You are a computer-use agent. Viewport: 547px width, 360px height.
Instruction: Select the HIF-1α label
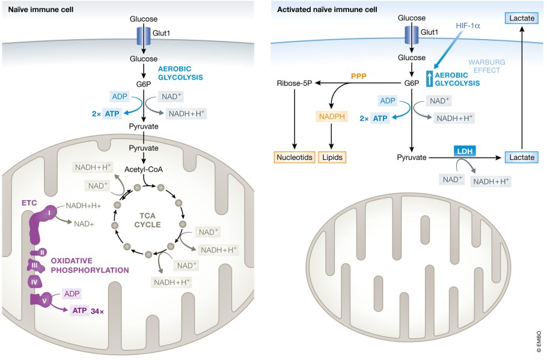tap(468, 27)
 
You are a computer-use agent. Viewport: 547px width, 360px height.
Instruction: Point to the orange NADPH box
tap(331, 117)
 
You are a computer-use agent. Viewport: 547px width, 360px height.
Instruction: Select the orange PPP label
tap(359, 77)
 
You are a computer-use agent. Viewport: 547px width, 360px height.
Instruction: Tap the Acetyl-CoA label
tap(144, 169)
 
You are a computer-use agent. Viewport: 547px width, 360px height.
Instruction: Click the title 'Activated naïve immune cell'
tap(319, 9)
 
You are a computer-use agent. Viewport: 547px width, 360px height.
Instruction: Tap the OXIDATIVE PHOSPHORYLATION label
tap(90, 266)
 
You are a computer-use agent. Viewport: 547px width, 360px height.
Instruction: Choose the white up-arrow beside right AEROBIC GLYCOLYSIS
tap(429, 79)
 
